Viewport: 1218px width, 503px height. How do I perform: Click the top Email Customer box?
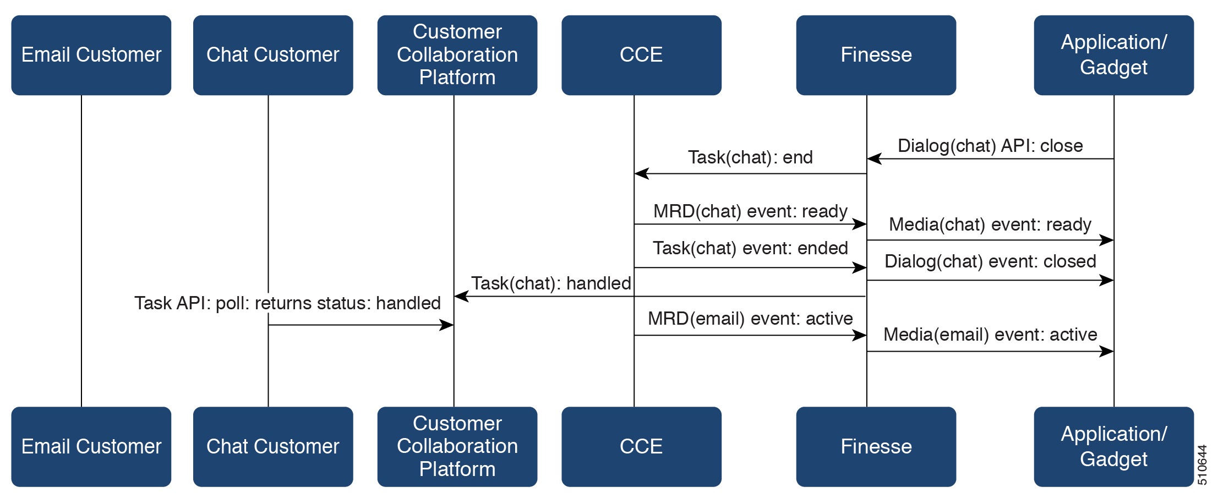[x=91, y=55]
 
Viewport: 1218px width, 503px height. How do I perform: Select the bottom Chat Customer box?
[x=272, y=446]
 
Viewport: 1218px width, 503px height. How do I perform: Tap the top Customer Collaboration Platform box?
[x=457, y=55]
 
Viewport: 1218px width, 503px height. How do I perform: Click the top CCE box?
[x=641, y=55]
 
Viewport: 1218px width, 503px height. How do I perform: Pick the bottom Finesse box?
[x=876, y=446]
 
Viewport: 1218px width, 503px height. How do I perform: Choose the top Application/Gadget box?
[x=1113, y=55]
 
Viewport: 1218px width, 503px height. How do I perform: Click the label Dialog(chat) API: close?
[x=990, y=146]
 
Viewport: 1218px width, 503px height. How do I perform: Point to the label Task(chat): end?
[x=750, y=157]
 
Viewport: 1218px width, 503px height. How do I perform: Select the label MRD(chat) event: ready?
[x=750, y=211]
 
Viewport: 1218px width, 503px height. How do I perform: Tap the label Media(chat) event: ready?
[x=990, y=225]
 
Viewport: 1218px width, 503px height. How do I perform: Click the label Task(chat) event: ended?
[x=750, y=248]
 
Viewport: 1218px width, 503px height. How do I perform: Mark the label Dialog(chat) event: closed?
[x=990, y=261]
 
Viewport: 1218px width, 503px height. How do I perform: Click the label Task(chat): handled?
[x=551, y=283]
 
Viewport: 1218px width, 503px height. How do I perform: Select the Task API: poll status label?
[x=287, y=303]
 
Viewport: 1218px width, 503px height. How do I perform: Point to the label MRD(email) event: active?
[x=750, y=319]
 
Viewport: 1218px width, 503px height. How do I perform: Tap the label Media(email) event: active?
[x=990, y=335]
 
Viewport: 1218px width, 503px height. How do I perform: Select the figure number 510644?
[x=1203, y=464]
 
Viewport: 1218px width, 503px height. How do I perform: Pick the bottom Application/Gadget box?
[x=1113, y=446]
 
